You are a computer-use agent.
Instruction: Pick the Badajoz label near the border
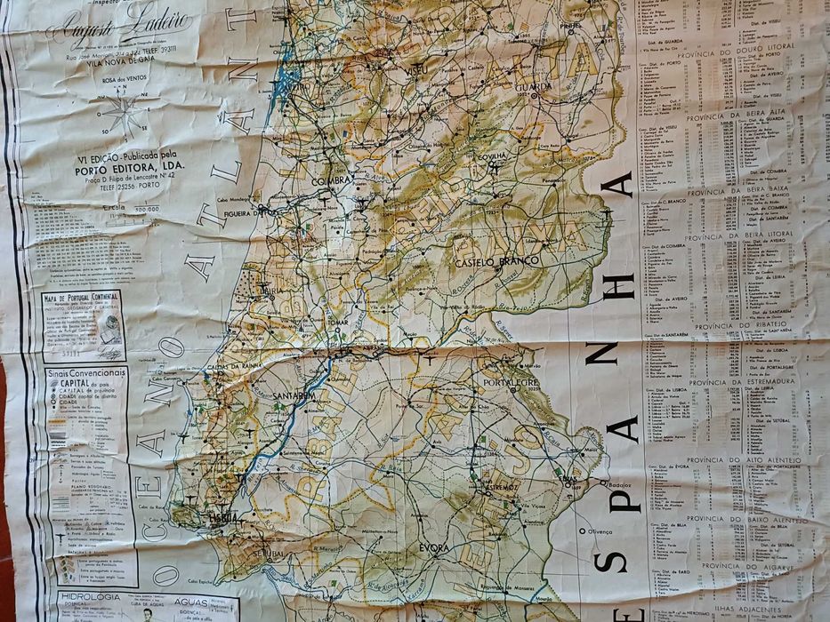point(620,485)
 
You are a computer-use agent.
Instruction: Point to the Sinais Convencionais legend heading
point(85,374)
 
